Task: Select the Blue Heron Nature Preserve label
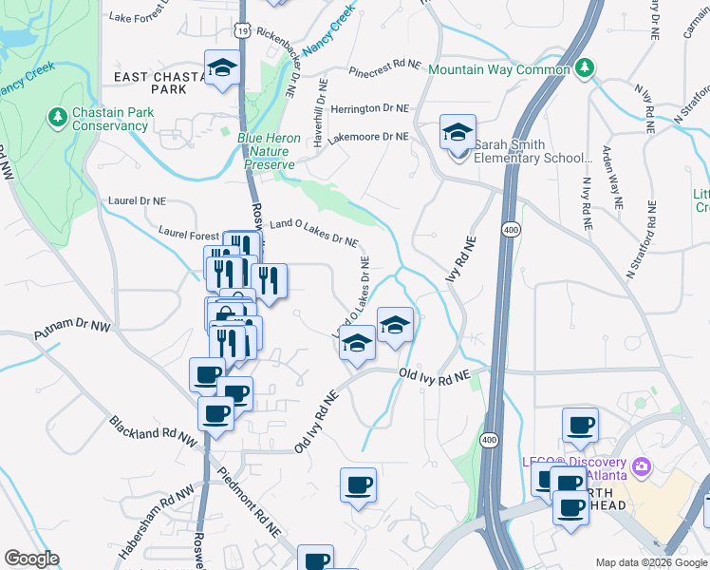269,151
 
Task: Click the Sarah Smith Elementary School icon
457,133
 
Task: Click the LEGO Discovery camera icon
642,465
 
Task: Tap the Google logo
31,559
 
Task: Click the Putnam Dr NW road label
73,332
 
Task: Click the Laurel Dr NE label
137,201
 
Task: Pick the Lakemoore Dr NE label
367,137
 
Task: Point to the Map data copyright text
651,562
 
